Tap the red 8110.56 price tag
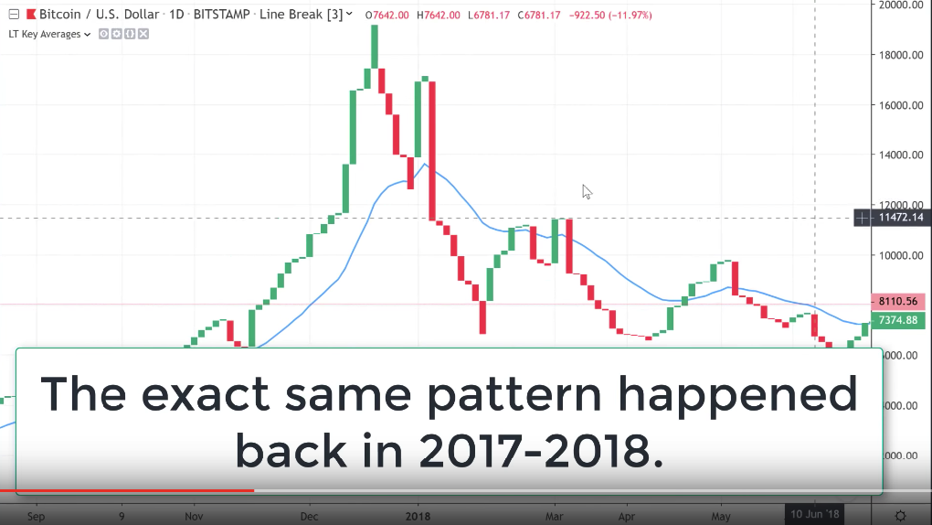pyautogui.click(x=900, y=301)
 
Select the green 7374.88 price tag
pyautogui.click(x=900, y=320)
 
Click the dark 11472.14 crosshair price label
pyautogui.click(x=900, y=218)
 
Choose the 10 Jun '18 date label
pyautogui.click(x=815, y=514)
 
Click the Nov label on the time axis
pyautogui.click(x=194, y=515)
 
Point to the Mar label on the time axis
pyautogui.click(x=553, y=515)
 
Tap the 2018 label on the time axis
pyautogui.click(x=418, y=515)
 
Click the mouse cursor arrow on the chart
pyautogui.click(x=587, y=191)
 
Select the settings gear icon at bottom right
pyautogui.click(x=900, y=515)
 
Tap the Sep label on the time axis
pyautogui.click(x=37, y=515)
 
